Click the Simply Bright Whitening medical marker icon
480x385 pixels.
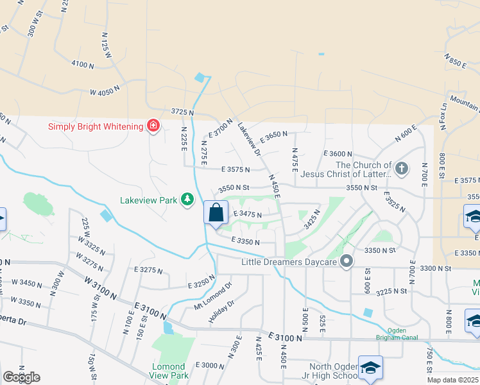[x=153, y=126]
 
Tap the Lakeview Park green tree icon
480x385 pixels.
[x=187, y=200]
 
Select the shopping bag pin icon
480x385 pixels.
[x=216, y=213]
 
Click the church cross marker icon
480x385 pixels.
[x=402, y=169]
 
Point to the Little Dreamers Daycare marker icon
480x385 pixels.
[x=347, y=261]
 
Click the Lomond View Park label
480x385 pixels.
[x=169, y=370]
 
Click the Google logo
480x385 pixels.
[x=21, y=377]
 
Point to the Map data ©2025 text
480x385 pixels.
[x=452, y=380]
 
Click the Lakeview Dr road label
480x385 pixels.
[x=249, y=139]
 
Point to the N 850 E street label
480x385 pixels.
[x=456, y=60]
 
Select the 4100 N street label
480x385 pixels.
[x=83, y=65]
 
